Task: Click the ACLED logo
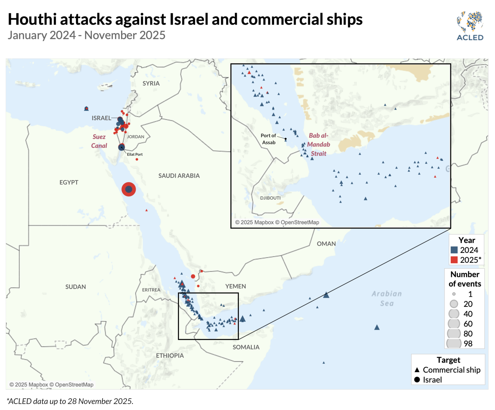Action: click(x=470, y=26)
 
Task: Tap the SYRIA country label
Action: click(x=151, y=84)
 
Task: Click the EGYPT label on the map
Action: click(x=69, y=182)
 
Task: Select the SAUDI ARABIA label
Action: click(x=179, y=176)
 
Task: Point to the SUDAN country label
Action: click(x=76, y=287)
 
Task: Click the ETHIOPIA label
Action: click(x=170, y=356)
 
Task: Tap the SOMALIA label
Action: click(x=246, y=347)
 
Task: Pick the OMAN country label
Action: click(x=326, y=244)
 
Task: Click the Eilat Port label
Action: click(x=135, y=155)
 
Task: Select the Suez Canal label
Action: click(x=99, y=141)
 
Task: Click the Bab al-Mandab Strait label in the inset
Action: click(x=318, y=145)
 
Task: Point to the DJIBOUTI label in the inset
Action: click(x=270, y=198)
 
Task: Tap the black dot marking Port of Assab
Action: click(x=285, y=139)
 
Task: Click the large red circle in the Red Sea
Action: click(x=129, y=189)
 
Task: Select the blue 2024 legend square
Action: click(x=454, y=250)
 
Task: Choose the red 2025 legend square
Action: click(x=454, y=260)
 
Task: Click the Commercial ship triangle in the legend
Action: click(x=417, y=370)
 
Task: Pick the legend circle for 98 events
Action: click(x=454, y=343)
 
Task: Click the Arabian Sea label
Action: click(x=387, y=299)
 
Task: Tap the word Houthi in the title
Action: click(x=32, y=20)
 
